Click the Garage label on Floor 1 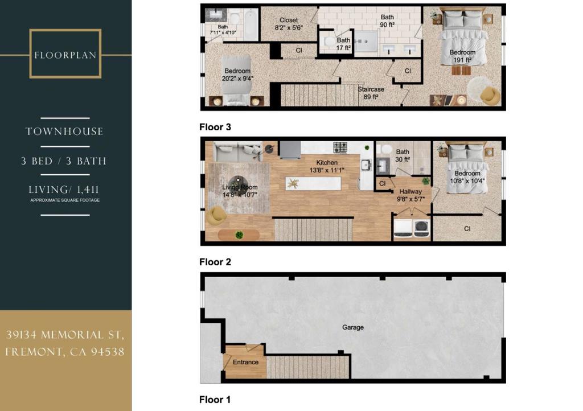[x=353, y=327]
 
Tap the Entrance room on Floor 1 [x=245, y=362]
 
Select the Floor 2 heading [x=215, y=262]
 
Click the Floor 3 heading [x=215, y=127]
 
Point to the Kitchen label [x=327, y=162]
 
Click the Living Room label [x=240, y=187]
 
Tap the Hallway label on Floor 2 [x=410, y=191]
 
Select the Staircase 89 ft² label [x=371, y=93]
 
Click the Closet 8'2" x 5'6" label [x=289, y=24]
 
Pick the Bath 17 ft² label [x=343, y=44]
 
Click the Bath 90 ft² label [x=387, y=21]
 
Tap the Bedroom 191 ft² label [x=462, y=56]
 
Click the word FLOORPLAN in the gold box [x=65, y=55]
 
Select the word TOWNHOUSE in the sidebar [x=64, y=131]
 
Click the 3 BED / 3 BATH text [x=64, y=161]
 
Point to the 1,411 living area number [x=88, y=190]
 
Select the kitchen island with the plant [x=313, y=183]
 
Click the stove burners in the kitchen [x=340, y=147]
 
